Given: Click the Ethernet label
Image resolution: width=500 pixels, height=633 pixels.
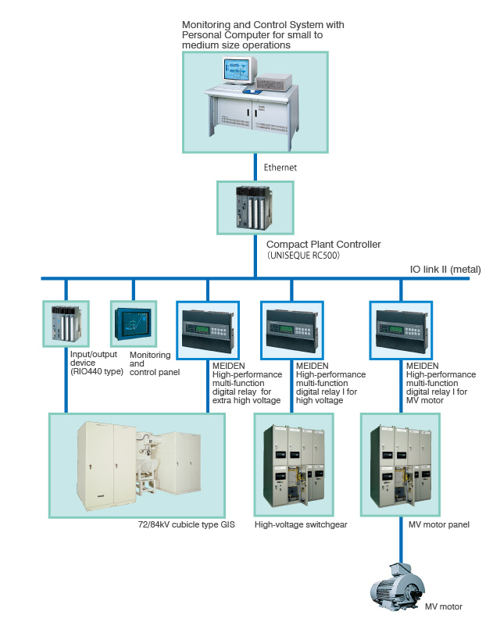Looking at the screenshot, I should (280, 167).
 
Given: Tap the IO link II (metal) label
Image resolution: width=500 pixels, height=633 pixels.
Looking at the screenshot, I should (445, 270).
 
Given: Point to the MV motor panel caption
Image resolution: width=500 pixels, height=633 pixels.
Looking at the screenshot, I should (438, 524).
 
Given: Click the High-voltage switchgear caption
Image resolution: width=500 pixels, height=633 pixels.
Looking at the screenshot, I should (301, 524).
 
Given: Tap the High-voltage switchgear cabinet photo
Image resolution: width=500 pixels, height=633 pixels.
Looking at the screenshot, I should (291, 464).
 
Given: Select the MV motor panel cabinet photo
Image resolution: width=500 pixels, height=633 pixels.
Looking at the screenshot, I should (400, 464).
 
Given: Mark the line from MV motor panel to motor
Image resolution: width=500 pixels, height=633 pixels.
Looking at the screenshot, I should (400, 539).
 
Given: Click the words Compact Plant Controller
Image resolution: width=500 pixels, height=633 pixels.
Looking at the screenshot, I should (323, 245).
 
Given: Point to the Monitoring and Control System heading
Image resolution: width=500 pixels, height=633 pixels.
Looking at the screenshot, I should (262, 35).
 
